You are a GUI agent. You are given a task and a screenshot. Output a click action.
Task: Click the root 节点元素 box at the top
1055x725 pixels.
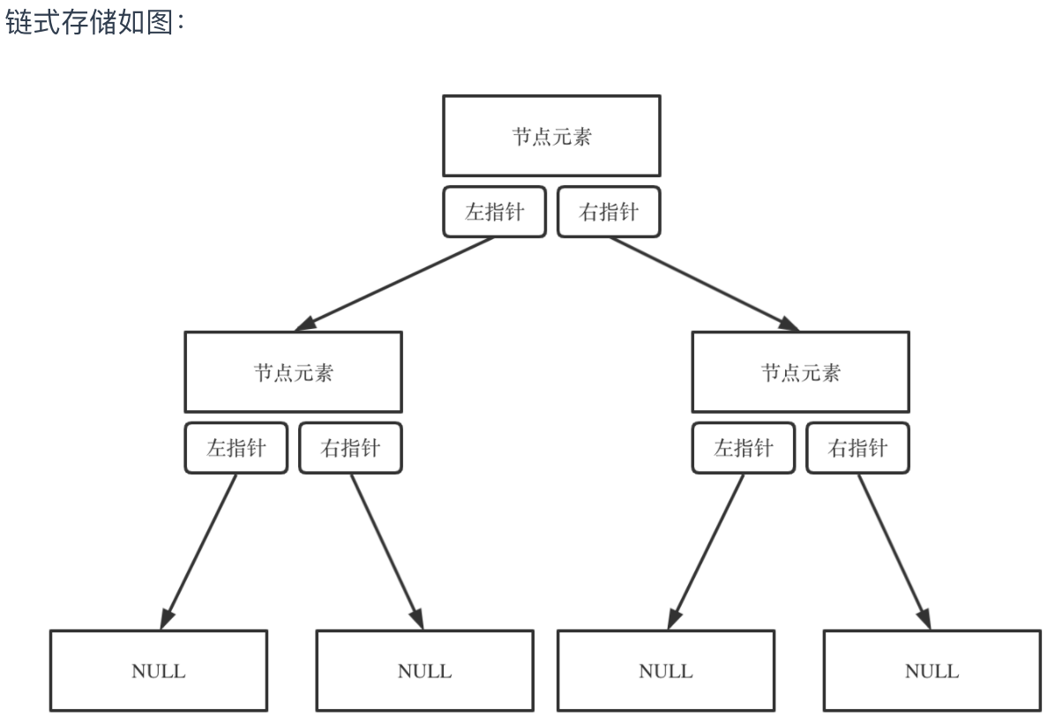(551, 136)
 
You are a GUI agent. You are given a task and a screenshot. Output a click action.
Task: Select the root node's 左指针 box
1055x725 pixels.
(494, 212)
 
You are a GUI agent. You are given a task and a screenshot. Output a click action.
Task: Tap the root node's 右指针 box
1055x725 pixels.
(609, 212)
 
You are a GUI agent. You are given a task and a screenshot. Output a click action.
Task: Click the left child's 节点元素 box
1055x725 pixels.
(293, 371)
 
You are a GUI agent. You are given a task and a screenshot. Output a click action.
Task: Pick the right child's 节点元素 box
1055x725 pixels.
(800, 371)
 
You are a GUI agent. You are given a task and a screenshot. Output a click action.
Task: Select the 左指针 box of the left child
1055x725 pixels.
(236, 448)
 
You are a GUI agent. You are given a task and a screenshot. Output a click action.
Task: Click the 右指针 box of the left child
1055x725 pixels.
(350, 448)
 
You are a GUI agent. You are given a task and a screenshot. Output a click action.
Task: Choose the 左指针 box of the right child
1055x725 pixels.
(743, 448)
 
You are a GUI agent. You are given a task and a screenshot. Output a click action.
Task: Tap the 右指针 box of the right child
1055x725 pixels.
(857, 448)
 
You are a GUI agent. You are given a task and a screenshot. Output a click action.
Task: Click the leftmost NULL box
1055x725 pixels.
(159, 671)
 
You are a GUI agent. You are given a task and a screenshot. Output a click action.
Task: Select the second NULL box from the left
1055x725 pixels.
(424, 671)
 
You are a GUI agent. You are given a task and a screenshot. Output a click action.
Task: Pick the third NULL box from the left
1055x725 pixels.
(666, 671)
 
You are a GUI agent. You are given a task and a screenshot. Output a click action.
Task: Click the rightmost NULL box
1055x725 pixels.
(932, 671)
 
